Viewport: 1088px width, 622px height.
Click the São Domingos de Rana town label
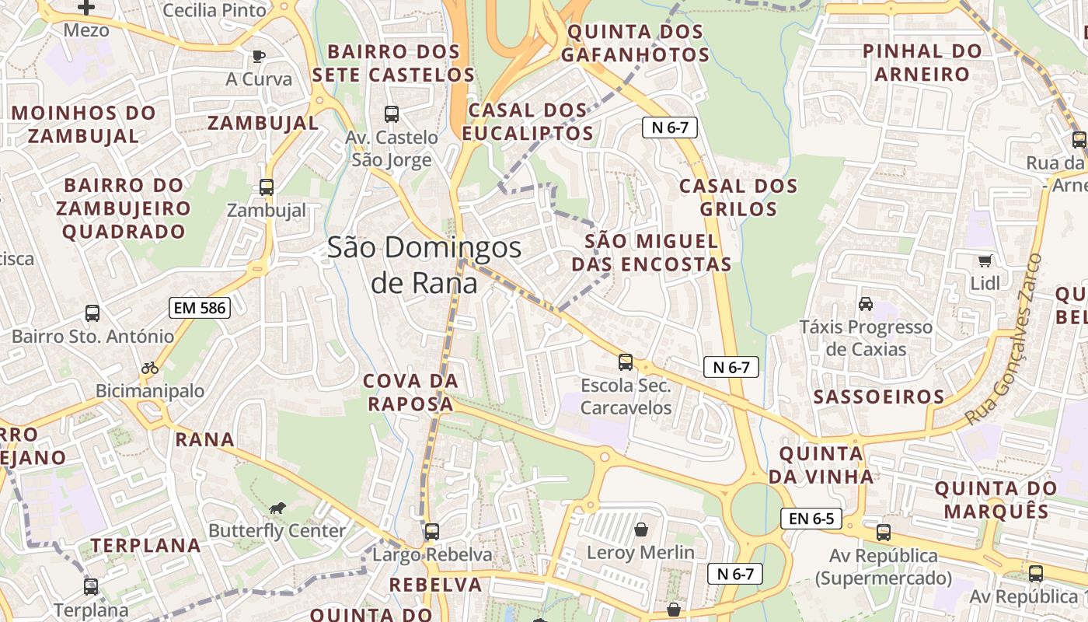click(x=424, y=265)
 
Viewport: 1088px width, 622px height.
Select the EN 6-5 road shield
click(x=811, y=519)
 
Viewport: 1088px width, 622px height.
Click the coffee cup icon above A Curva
click(x=259, y=56)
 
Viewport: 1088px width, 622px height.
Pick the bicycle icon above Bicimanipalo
click(x=150, y=368)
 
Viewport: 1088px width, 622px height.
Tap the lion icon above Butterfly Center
click(x=277, y=508)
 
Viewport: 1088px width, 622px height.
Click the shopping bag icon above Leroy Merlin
click(x=641, y=529)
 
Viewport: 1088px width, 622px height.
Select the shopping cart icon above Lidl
click(x=985, y=260)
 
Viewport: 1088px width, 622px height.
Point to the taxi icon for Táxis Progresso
click(x=866, y=303)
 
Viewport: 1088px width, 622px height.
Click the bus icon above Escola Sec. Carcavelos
click(x=626, y=362)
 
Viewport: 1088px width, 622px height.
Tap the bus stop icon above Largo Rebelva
click(x=432, y=532)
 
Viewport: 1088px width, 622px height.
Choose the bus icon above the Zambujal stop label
click(x=267, y=187)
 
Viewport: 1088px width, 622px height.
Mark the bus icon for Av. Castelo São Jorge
click(x=392, y=114)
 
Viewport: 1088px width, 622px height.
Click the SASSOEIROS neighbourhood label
click(x=878, y=397)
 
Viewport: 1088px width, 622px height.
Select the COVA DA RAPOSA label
click(x=411, y=393)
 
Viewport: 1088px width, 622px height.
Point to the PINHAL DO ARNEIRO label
click(x=922, y=63)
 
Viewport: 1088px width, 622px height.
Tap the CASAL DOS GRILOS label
click(x=738, y=197)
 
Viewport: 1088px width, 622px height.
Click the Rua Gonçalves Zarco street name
click(x=1003, y=339)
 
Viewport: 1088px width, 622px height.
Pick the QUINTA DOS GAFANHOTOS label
click(x=635, y=44)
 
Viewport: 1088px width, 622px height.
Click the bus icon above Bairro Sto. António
click(x=92, y=313)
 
